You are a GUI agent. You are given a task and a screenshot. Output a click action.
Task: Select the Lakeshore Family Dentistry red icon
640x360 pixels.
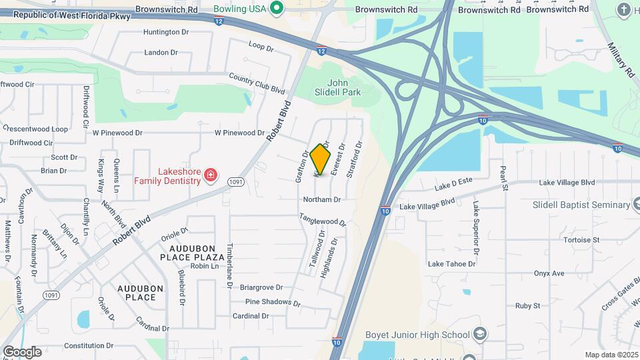pyautogui.click(x=211, y=175)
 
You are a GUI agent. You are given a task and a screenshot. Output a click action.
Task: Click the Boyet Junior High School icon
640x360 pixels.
pyautogui.click(x=479, y=334)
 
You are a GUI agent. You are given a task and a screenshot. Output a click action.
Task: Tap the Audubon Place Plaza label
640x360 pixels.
pyautogui.click(x=191, y=251)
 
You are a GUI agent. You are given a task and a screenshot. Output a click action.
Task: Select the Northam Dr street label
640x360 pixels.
pyautogui.click(x=322, y=199)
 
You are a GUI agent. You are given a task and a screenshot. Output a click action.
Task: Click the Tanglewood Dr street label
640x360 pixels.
pyautogui.click(x=323, y=218)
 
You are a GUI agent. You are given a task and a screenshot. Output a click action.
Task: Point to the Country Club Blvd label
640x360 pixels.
pyautogui.click(x=257, y=83)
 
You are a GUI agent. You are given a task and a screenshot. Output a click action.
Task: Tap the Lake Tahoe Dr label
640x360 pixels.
pyautogui.click(x=451, y=264)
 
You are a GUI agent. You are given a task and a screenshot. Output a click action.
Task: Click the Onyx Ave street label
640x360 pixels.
pyautogui.click(x=549, y=273)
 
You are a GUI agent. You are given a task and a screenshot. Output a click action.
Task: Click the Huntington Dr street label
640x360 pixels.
pyautogui.click(x=161, y=32)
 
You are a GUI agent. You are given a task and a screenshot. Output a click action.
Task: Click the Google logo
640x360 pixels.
pyautogui.click(x=22, y=352)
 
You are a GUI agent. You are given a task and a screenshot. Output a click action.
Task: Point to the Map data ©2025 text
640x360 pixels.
pyautogui.click(x=611, y=355)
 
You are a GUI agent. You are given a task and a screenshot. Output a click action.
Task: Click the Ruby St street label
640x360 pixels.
pyautogui.click(x=527, y=306)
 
